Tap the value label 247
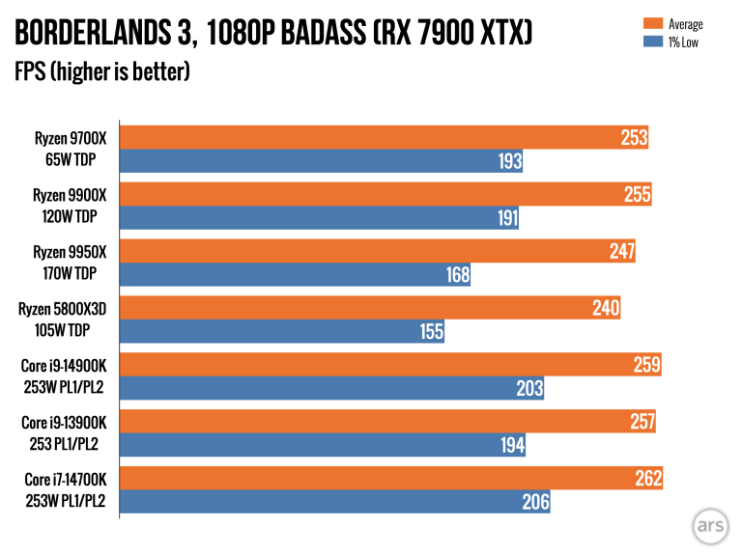click(621, 252)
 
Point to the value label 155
click(431, 331)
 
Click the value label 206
click(535, 501)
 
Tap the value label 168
click(457, 274)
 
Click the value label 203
click(530, 388)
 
